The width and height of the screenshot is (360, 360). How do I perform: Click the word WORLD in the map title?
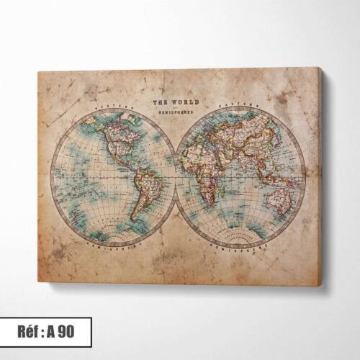[x=184, y=102]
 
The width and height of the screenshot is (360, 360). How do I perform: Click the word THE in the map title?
[x=162, y=102]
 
